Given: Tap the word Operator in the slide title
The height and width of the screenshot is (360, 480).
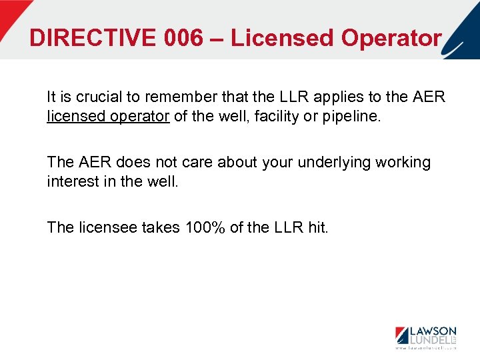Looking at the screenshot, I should (391, 37).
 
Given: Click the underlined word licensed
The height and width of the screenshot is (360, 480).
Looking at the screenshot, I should (74, 117).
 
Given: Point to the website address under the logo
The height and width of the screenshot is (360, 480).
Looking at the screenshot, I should (425, 348).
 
